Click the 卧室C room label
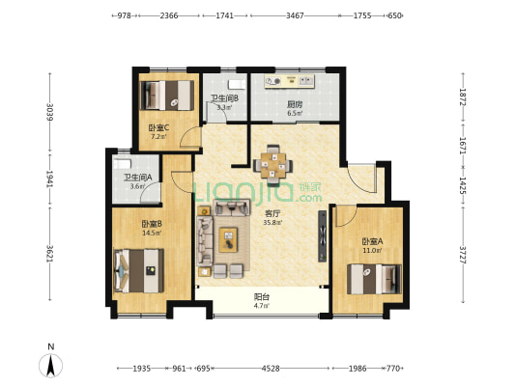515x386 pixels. point(158,127)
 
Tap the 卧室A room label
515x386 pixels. point(372,241)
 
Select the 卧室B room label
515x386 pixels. point(152,224)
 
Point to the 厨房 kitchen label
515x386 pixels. point(295,104)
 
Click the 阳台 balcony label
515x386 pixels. point(262,297)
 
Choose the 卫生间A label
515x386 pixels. point(137,178)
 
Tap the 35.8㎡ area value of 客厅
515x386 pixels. point(272,223)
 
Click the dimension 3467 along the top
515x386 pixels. point(295,15)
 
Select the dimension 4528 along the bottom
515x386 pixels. point(271,369)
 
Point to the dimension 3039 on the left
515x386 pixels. point(50,113)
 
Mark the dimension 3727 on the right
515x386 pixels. point(463,255)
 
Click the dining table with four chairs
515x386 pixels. point(272,163)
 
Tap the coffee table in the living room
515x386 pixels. point(228,239)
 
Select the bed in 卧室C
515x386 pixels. point(167,96)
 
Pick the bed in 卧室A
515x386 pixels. point(374,279)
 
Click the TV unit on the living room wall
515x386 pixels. point(323,236)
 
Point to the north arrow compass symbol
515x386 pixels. point(50,365)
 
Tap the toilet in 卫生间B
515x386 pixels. point(237,84)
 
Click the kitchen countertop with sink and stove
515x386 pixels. point(289,81)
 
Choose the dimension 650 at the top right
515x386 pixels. point(394,15)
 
